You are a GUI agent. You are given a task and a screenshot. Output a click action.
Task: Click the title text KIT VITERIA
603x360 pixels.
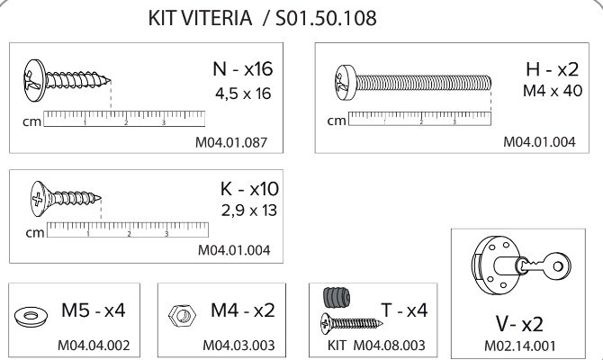pyautogui.click(x=200, y=18)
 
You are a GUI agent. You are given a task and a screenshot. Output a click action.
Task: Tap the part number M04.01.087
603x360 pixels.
pyautogui.click(x=231, y=142)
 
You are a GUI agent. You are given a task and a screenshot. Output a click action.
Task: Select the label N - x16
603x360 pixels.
pyautogui.click(x=243, y=68)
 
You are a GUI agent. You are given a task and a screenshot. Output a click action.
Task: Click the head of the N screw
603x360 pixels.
pyautogui.click(x=34, y=80)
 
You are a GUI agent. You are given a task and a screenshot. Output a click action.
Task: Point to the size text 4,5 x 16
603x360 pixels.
pyautogui.click(x=243, y=94)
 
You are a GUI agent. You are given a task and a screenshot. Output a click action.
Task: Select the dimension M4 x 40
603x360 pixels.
pyautogui.click(x=553, y=91)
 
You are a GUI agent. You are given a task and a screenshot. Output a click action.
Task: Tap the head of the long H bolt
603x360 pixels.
pyautogui.click(x=346, y=82)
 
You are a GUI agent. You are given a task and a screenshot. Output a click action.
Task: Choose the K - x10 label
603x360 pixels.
pyautogui.click(x=249, y=189)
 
